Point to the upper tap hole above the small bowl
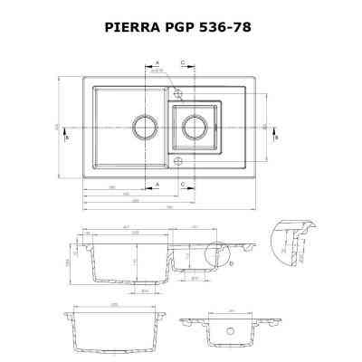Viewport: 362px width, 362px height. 177,94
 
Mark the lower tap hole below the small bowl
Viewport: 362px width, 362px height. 178,161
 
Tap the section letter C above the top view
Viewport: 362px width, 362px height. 182,63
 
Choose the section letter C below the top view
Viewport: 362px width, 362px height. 182,184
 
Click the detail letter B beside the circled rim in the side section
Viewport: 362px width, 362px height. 232,262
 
